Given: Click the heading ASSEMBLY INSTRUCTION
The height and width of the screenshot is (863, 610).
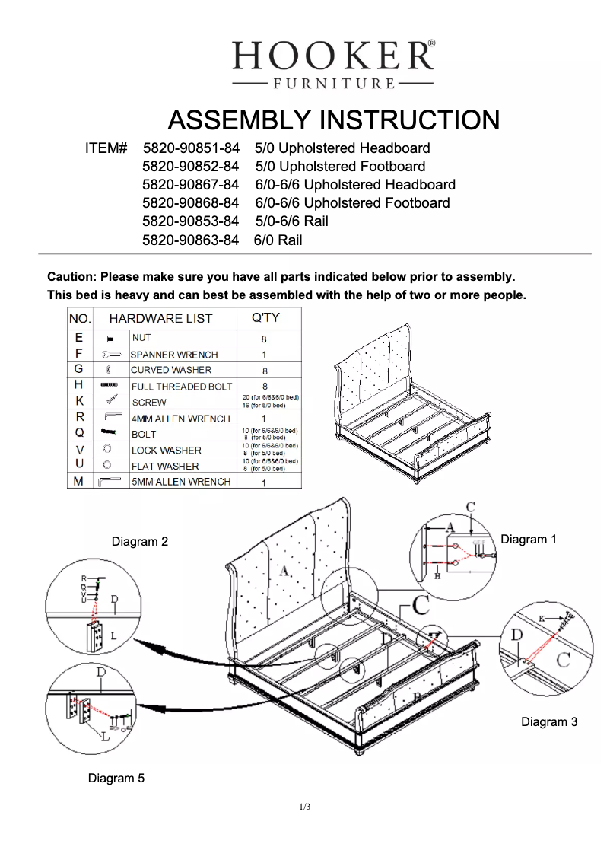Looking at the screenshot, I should click(x=333, y=120).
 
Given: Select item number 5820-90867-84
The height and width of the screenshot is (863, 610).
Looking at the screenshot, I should click(x=191, y=185).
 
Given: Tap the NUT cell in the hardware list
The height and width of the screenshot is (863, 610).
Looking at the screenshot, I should click(x=141, y=338).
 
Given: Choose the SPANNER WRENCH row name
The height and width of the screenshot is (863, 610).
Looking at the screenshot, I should click(x=174, y=355).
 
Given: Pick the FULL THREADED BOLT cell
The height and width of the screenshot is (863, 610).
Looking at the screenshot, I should click(x=182, y=387).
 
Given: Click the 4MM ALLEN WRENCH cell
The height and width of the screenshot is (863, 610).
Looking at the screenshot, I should click(x=180, y=419).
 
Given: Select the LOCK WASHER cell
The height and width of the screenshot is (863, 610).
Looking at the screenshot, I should click(x=166, y=451).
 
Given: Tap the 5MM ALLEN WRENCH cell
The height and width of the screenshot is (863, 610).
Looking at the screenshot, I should click(x=181, y=482).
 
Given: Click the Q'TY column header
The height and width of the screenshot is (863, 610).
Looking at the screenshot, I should click(x=267, y=318).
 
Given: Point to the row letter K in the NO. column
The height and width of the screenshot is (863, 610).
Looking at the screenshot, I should click(x=79, y=402).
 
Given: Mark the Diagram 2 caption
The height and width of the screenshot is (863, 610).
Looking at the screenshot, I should click(x=140, y=542).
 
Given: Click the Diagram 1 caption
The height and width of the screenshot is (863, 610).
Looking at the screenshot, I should click(x=529, y=540).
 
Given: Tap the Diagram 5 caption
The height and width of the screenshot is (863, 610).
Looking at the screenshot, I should click(x=116, y=778).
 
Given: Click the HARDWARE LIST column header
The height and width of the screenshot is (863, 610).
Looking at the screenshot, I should click(x=160, y=318).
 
